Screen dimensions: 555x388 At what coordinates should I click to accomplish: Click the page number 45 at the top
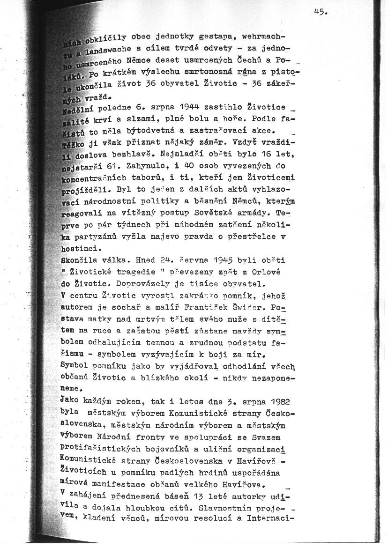coord(321,13)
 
